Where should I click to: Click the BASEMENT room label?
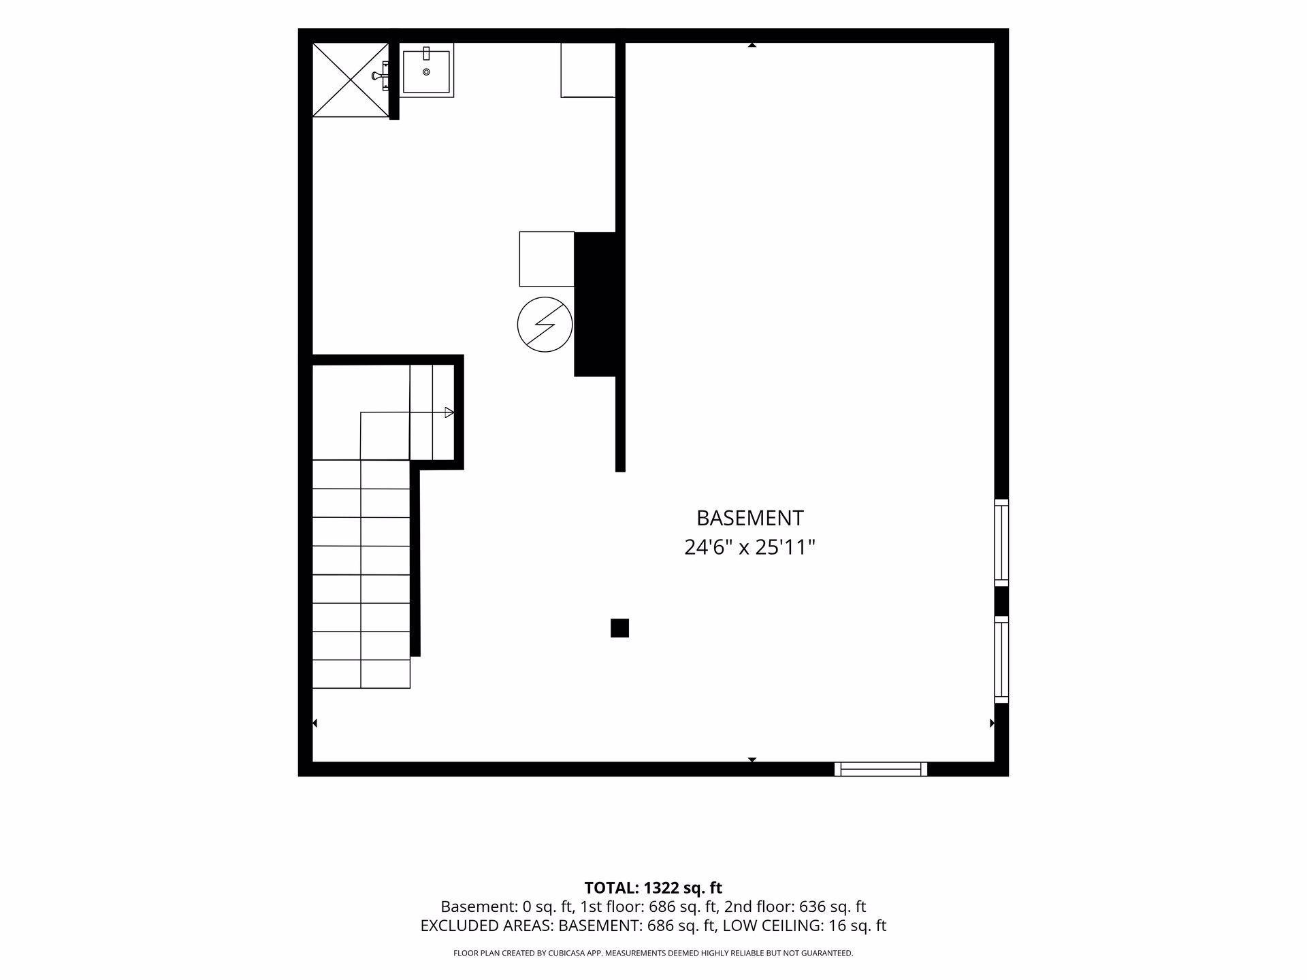pyautogui.click(x=749, y=518)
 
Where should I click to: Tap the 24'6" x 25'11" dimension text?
pyautogui.click(x=749, y=547)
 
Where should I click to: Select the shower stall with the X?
pyautogui.click(x=351, y=80)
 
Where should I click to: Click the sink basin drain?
pyautogui.click(x=426, y=71)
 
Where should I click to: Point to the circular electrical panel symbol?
pyautogui.click(x=545, y=325)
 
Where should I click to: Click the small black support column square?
pyautogui.click(x=619, y=627)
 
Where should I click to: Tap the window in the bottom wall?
pyautogui.click(x=881, y=769)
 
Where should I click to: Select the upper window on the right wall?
pyautogui.click(x=1001, y=542)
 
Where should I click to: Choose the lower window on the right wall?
pyautogui.click(x=1001, y=659)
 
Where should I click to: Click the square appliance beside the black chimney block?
pyautogui.click(x=547, y=259)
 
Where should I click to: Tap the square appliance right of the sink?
pyautogui.click(x=588, y=70)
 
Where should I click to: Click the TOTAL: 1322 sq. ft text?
pyautogui.click(x=653, y=888)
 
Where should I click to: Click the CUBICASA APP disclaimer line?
pyautogui.click(x=653, y=953)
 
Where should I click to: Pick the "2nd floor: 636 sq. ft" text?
pyautogui.click(x=795, y=906)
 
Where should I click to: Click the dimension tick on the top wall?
pyautogui.click(x=752, y=45)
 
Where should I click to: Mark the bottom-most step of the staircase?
pyautogui.click(x=361, y=674)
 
